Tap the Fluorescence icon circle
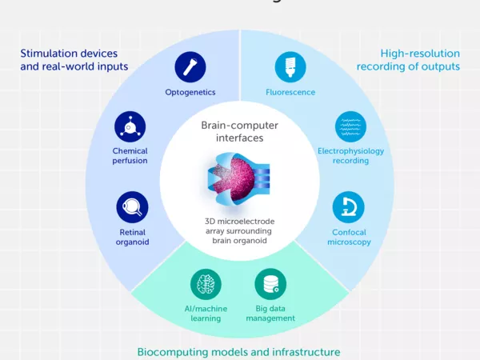click(x=290, y=67)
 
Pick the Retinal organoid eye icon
click(x=130, y=206)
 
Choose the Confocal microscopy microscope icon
click(x=349, y=206)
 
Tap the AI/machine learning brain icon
click(x=206, y=285)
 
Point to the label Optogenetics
click(x=191, y=92)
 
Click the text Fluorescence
click(x=290, y=92)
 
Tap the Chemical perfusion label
click(x=130, y=156)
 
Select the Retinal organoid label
click(x=130, y=237)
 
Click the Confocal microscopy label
click(x=349, y=237)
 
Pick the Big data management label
click(x=271, y=313)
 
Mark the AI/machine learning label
click(x=206, y=313)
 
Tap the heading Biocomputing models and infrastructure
click(x=238, y=352)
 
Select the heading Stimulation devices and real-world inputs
click(x=74, y=60)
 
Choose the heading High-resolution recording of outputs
click(x=408, y=60)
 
